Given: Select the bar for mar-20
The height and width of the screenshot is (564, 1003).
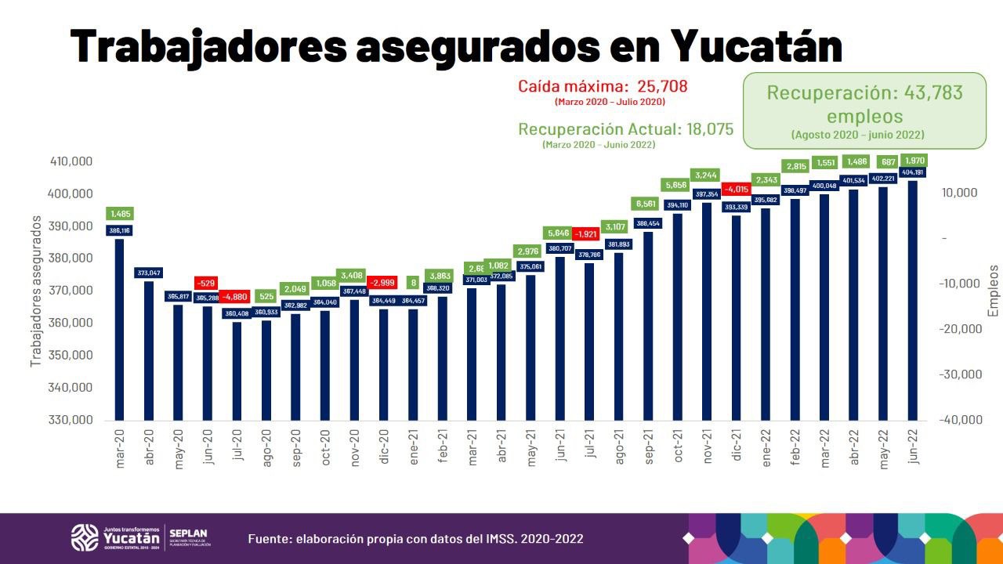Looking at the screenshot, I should pyautogui.click(x=119, y=329).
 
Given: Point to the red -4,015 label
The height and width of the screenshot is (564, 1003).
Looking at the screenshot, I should pyautogui.click(x=737, y=189).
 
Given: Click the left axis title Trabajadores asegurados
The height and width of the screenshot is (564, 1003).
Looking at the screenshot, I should pyautogui.click(x=35, y=293).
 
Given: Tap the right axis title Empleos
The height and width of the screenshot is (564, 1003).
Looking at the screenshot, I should pyautogui.click(x=994, y=290).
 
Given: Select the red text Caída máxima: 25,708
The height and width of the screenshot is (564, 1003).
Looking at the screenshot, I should pyautogui.click(x=603, y=86).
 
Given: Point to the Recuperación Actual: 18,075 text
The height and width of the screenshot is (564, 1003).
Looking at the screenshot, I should pyautogui.click(x=626, y=129).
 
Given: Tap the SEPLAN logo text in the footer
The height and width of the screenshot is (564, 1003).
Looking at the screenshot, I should pyautogui.click(x=188, y=532).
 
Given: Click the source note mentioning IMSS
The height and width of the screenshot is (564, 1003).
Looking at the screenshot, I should pyautogui.click(x=415, y=539).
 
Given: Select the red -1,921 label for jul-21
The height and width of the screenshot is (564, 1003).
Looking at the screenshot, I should pyautogui.click(x=589, y=234).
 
